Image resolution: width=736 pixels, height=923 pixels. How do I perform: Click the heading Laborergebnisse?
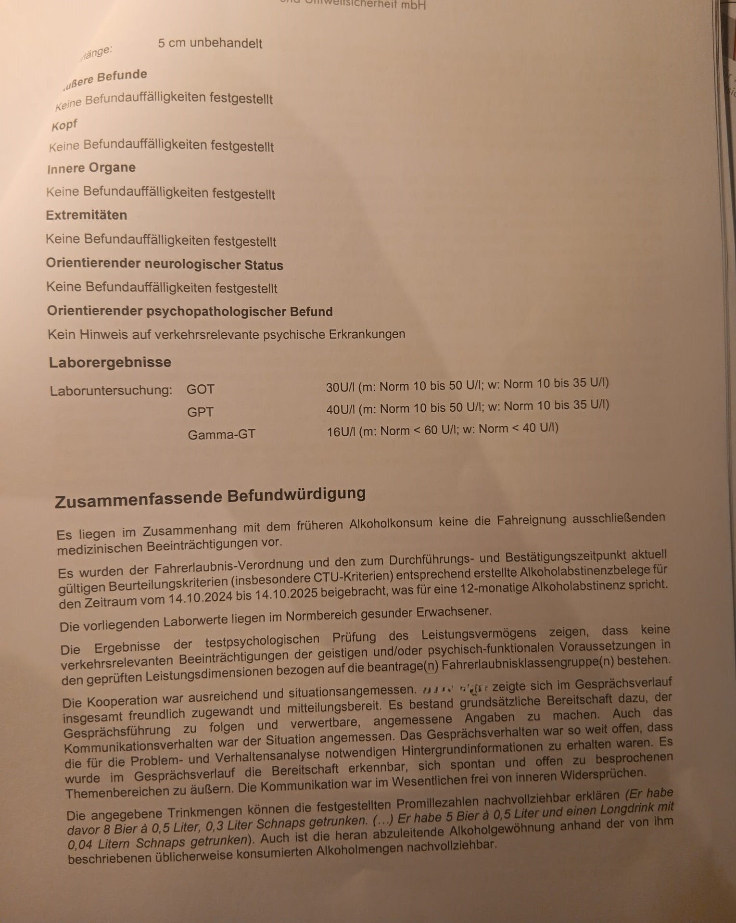coord(110,362)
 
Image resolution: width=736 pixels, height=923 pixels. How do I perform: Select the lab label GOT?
coord(200,389)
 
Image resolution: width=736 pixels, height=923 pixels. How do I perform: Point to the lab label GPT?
coord(200,412)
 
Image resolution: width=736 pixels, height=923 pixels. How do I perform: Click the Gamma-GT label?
coord(221,435)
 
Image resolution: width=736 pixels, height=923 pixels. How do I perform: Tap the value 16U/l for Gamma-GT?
coord(341,431)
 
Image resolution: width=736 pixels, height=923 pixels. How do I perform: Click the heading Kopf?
coord(64,126)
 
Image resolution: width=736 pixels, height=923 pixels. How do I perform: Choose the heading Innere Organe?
coord(91,168)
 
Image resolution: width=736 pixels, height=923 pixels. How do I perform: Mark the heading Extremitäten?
coord(87,215)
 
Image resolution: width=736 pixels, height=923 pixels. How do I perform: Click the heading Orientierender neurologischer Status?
coord(165,265)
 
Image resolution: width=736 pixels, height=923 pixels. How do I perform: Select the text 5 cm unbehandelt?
coord(210,43)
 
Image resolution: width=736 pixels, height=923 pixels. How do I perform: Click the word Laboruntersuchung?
coord(111,390)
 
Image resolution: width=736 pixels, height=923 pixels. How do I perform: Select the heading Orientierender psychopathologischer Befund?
coord(190,311)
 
